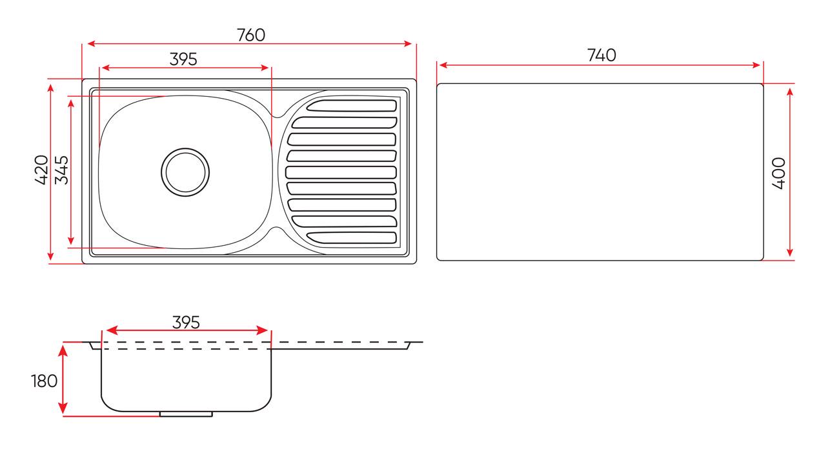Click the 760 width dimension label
tap(250, 35)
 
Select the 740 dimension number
tap(601, 55)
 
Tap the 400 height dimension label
tap(778, 172)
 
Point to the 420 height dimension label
tap(41, 170)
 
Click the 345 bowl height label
tap(61, 170)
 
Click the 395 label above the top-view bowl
tap(183, 59)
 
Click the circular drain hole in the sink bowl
tap(185, 172)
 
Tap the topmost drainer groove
tap(352, 106)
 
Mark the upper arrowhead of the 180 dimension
tap(63, 349)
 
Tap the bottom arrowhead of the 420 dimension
tap(51, 257)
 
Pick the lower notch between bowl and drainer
tap(276, 228)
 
